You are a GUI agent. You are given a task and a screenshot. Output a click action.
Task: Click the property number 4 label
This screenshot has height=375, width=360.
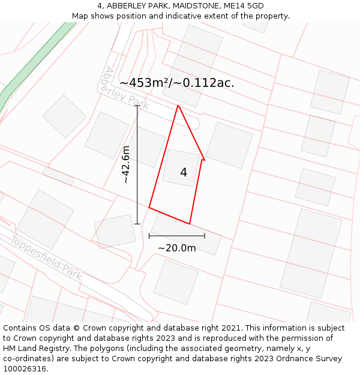[184, 173]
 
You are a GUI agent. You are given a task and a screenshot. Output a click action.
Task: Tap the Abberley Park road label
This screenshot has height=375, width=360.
[127, 89]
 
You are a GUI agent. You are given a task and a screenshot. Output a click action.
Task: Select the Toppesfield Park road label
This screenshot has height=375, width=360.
[46, 256]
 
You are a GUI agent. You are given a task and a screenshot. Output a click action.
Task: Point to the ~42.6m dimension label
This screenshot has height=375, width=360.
[125, 164]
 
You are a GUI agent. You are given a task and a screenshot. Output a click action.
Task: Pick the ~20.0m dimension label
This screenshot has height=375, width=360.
[177, 248]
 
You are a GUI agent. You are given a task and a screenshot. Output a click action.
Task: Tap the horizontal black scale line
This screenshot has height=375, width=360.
[177, 236]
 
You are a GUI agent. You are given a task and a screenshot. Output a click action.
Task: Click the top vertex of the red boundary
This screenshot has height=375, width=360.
[178, 106]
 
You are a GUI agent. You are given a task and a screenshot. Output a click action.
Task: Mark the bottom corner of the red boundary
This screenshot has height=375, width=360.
[190, 224]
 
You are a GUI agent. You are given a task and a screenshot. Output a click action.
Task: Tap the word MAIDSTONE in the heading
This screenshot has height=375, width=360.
[193, 6]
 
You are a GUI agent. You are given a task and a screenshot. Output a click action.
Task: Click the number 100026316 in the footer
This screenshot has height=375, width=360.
[25, 368]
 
